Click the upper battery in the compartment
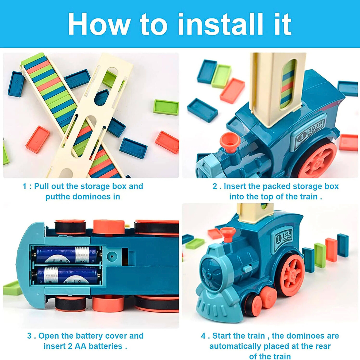67,255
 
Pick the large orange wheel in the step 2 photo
318,161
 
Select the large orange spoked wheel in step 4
292,274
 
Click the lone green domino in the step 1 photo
166,107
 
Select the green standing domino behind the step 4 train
320,255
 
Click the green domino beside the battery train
12,288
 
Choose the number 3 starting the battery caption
29,336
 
